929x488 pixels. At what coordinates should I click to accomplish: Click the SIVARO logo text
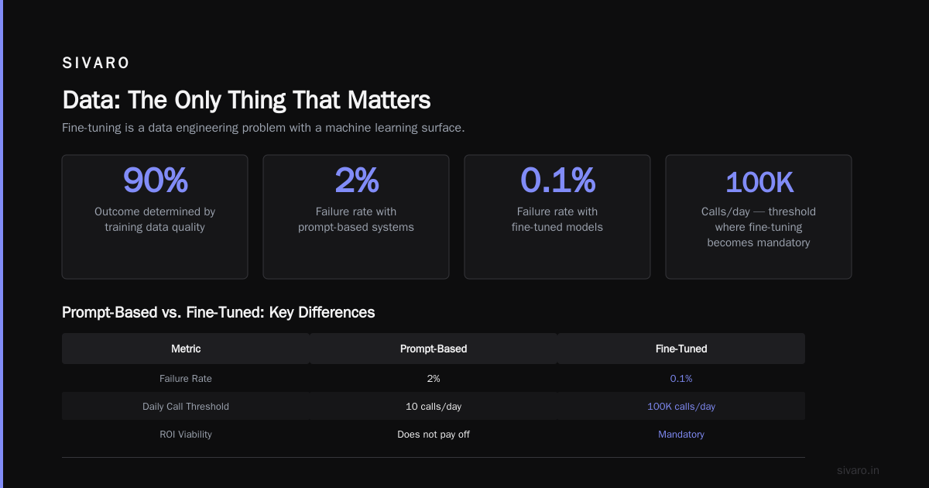click(x=95, y=63)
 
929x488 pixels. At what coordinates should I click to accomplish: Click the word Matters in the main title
click(x=389, y=100)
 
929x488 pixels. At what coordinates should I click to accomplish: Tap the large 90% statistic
click(x=155, y=180)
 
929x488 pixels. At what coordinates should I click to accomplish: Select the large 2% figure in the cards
click(x=357, y=180)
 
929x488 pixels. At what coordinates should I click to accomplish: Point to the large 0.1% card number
click(x=557, y=180)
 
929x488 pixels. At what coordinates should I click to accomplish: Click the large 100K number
click(x=759, y=182)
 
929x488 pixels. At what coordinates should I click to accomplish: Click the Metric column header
click(x=186, y=349)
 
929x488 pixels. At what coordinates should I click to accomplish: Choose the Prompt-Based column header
click(x=434, y=349)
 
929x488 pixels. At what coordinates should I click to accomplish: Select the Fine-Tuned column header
click(x=681, y=349)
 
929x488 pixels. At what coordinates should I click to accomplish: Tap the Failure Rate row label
click(x=185, y=379)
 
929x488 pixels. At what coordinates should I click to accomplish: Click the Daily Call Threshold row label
click(x=185, y=406)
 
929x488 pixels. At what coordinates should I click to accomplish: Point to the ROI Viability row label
click(x=185, y=434)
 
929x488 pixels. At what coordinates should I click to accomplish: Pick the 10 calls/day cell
click(x=434, y=406)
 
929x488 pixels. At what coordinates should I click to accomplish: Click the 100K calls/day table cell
click(x=681, y=406)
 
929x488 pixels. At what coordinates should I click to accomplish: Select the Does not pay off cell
click(x=434, y=434)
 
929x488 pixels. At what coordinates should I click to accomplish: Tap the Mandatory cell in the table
click(x=681, y=434)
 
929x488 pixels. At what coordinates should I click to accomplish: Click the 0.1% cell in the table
click(x=681, y=379)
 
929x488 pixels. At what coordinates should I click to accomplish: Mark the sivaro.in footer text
click(x=858, y=470)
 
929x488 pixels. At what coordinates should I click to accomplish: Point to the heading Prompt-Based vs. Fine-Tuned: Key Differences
click(x=218, y=312)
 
